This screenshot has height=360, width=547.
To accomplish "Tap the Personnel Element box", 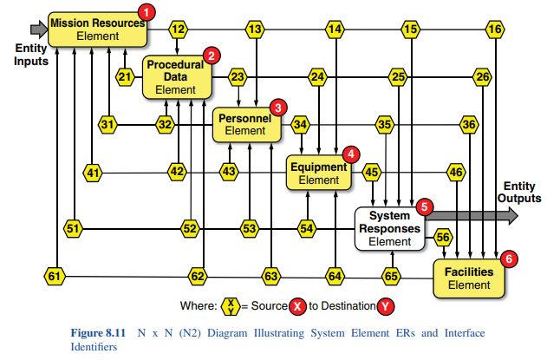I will [248, 124].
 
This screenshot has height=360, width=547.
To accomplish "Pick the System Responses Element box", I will [389, 228].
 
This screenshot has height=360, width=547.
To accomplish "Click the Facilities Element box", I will [469, 278].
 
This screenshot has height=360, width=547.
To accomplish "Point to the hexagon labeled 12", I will [178, 29].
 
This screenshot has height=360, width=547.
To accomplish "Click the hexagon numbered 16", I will [494, 29].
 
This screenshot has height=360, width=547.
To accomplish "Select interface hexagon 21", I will [126, 77].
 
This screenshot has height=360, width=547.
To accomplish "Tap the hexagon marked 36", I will [469, 125].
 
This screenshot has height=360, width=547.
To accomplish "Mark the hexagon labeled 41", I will [93, 173].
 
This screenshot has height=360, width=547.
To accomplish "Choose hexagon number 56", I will [443, 236].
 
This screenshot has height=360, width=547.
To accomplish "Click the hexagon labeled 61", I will [55, 277].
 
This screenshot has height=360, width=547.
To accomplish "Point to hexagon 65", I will [391, 277].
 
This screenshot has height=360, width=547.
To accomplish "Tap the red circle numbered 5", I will [424, 206].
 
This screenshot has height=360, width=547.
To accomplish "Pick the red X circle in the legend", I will [297, 306].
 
